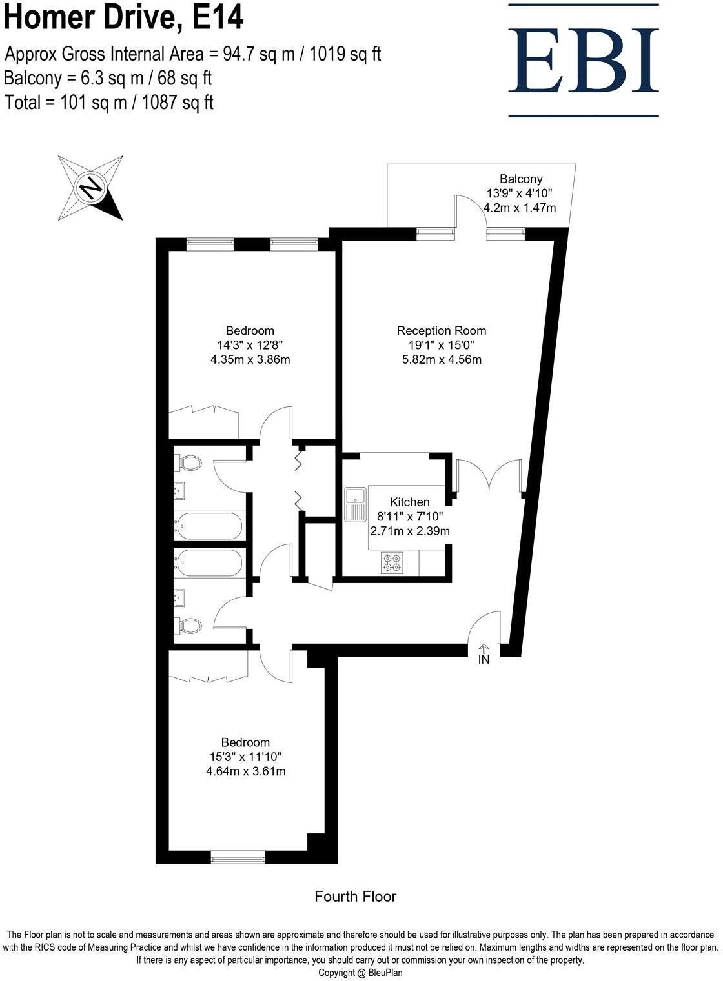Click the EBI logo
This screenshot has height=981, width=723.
pyautogui.click(x=584, y=61)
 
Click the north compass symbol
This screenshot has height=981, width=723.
pyautogui.click(x=90, y=188)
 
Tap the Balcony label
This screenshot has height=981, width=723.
pyautogui.click(x=521, y=179)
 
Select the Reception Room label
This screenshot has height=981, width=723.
pyautogui.click(x=442, y=331)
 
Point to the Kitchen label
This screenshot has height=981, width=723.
pyautogui.click(x=409, y=502)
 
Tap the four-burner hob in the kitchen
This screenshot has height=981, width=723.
pyautogui.click(x=392, y=562)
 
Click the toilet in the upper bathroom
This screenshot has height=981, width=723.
pyautogui.click(x=188, y=462)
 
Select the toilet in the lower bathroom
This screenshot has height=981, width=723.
pyautogui.click(x=188, y=624)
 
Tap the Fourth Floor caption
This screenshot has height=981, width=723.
pyautogui.click(x=355, y=896)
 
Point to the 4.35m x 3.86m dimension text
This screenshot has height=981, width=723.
pyautogui.click(x=250, y=359)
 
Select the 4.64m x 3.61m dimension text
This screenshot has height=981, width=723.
pyautogui.click(x=245, y=771)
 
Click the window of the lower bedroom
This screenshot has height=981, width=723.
pyautogui.click(x=238, y=857)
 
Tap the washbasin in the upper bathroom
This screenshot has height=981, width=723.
pyautogui.click(x=179, y=491)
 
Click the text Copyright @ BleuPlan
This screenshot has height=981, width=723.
pyautogui.click(x=360, y=973)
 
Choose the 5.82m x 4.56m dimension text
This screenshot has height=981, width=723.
pyautogui.click(x=442, y=359)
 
